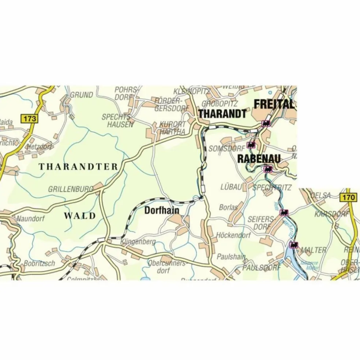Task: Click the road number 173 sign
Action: point(29,119)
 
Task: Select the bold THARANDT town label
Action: point(222,114)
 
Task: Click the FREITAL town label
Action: point(274,104)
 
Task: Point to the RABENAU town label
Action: point(259,159)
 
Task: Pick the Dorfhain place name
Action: point(162,210)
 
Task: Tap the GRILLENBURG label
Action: point(71,189)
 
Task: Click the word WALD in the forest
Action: point(80,215)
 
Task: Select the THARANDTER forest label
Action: point(78,167)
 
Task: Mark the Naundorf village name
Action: point(30,219)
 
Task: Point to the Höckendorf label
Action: point(233,235)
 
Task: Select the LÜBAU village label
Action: point(231,187)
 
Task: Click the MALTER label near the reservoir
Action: point(313,250)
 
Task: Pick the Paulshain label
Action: point(231,256)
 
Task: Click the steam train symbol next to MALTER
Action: point(293,244)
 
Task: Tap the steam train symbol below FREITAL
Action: point(266,123)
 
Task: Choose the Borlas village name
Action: point(228,207)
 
